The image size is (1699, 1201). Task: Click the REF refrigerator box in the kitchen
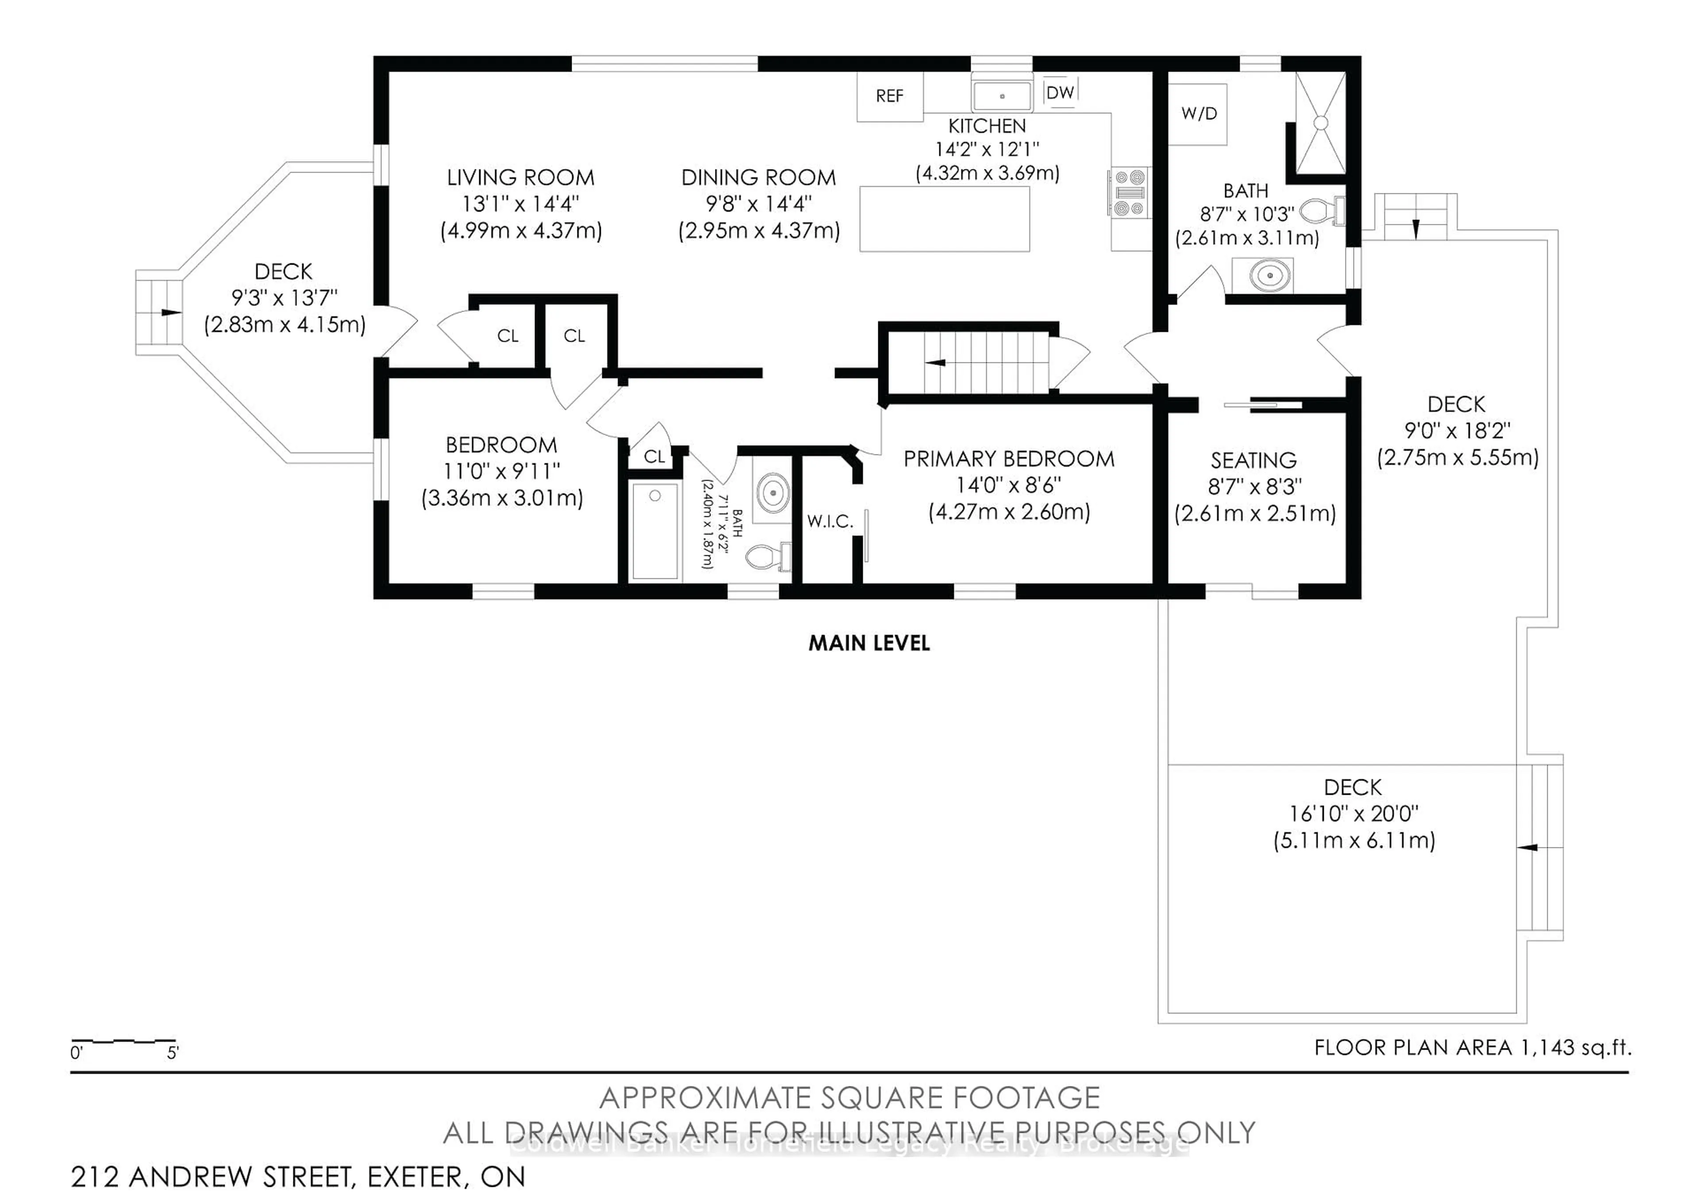click(889, 96)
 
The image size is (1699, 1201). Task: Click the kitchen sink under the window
click(1002, 96)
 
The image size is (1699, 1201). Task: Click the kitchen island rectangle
click(944, 219)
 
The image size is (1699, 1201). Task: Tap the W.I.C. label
click(830, 521)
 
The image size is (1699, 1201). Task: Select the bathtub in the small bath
click(655, 530)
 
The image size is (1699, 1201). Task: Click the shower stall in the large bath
click(1321, 123)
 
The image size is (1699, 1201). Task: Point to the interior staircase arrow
click(936, 362)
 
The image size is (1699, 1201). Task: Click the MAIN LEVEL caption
click(869, 643)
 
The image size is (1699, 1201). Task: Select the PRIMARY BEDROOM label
click(1009, 459)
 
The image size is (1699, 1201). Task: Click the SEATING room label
click(1253, 460)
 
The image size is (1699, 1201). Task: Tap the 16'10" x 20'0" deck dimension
click(1353, 814)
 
